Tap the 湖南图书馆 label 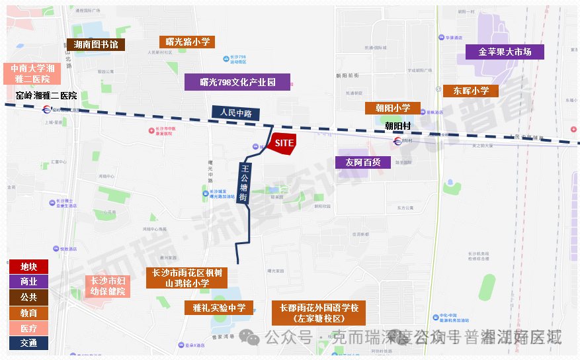[96, 44]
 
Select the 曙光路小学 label [187, 42]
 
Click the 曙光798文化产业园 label [237, 82]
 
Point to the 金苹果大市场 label [505, 52]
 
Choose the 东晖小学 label [471, 91]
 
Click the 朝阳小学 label [392, 108]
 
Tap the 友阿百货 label [363, 161]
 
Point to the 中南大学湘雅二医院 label [32, 73]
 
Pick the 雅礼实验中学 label [218, 308]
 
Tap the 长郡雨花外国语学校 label [319, 313]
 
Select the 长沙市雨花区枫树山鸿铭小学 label [186, 278]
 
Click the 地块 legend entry [28, 267]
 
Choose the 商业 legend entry [28, 282]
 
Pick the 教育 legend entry [28, 312]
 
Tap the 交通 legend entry [28, 343]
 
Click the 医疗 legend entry [28, 328]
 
